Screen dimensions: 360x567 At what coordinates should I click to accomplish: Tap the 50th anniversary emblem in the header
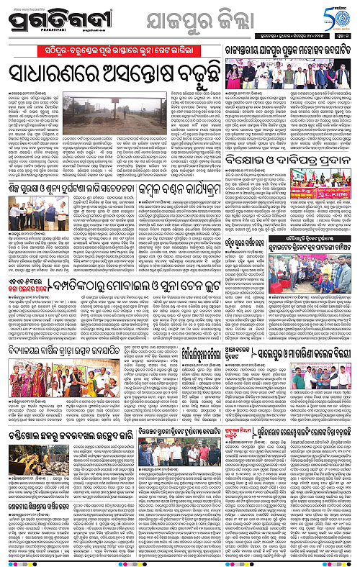341,15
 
